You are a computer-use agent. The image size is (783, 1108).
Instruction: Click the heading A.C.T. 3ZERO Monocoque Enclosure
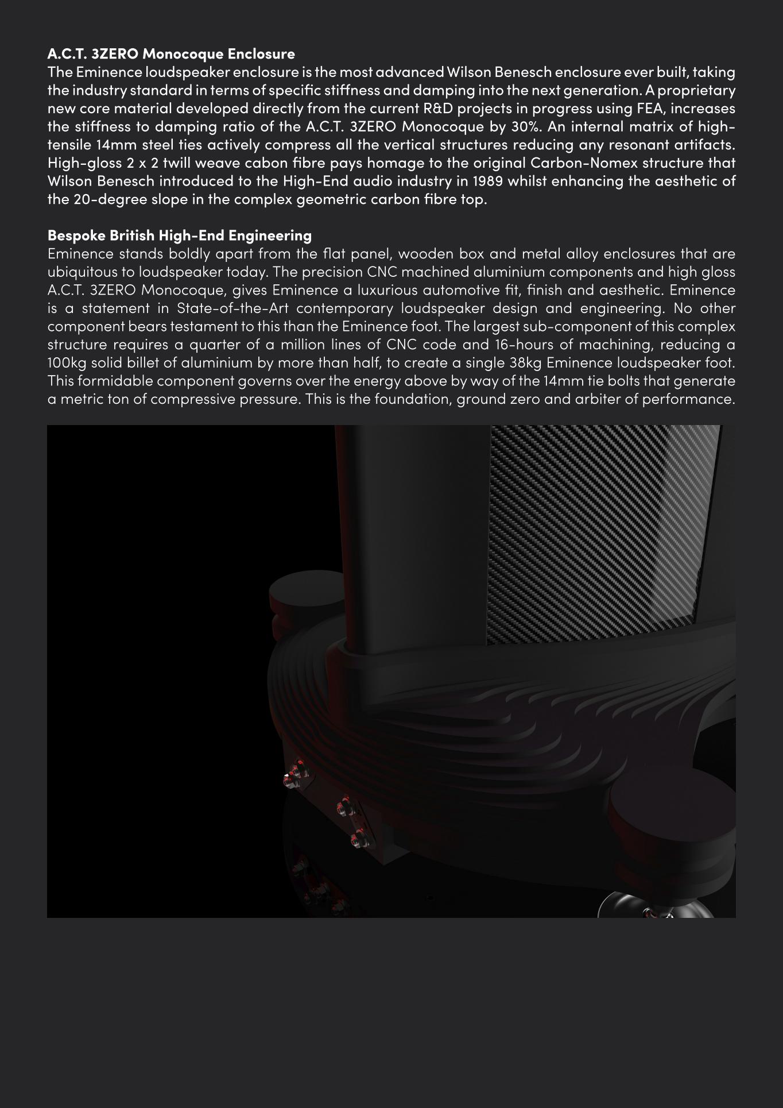171,54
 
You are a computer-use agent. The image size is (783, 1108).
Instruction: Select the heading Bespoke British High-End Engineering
180,236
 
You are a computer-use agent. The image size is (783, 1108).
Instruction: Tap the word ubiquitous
82,272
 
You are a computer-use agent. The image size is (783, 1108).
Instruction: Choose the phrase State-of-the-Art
232,308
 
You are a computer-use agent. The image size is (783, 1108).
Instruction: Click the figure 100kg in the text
67,363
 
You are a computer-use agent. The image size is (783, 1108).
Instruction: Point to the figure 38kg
526,363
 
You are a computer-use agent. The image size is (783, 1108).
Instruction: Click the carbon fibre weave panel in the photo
597,528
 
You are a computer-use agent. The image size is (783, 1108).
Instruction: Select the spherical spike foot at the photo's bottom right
660,908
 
